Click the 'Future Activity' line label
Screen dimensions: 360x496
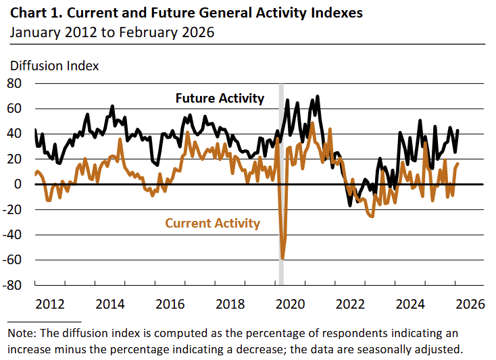tap(220, 99)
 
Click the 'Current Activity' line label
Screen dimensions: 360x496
tap(212, 223)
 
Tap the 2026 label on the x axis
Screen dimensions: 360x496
tap(470, 304)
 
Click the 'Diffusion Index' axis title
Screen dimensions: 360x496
tap(54, 66)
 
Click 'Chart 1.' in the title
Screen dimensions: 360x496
tap(35, 13)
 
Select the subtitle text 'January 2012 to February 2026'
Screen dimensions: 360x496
tap(111, 32)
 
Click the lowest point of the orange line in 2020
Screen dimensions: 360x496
tap(282, 259)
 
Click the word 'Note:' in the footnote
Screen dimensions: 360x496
tap(24, 334)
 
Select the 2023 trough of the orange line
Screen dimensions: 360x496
tap(371, 216)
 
